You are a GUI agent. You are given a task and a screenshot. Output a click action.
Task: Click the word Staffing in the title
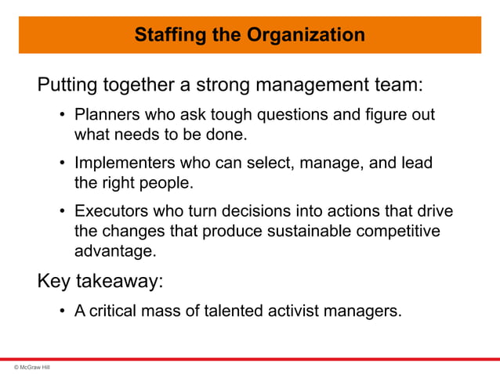[x=165, y=35]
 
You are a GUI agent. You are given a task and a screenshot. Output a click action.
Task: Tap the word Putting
[x=66, y=84]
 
